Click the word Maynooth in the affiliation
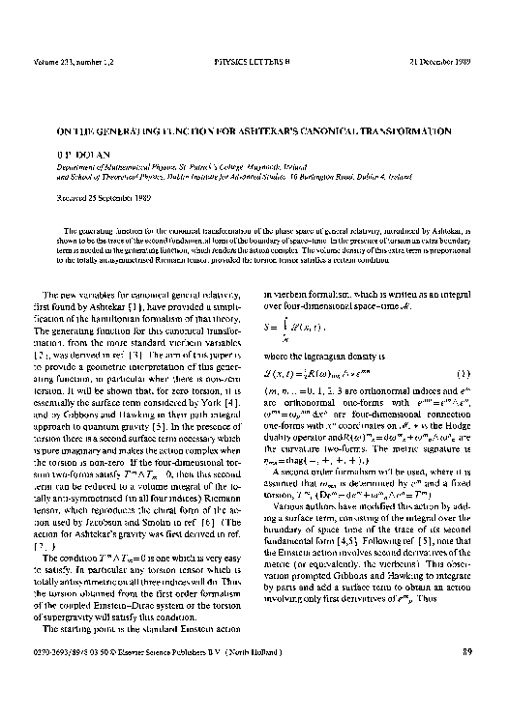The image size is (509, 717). click(284, 167)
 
